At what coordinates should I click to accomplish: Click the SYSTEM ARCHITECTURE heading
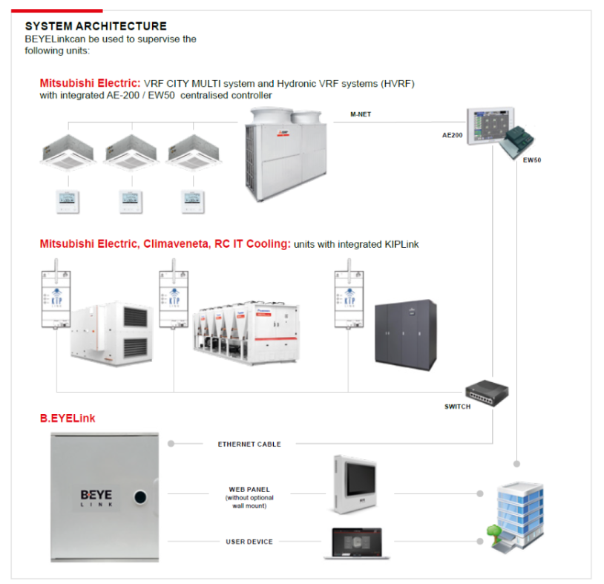pos(96,27)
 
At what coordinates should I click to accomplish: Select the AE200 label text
pos(452,137)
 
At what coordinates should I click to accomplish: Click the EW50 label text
pos(532,160)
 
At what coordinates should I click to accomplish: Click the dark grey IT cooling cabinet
pos(404,332)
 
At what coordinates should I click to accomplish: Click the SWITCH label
pos(457,407)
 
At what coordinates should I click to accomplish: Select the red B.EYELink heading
pos(68,419)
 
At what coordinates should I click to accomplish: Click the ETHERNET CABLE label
pos(249,444)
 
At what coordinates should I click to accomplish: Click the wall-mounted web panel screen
pos(353,483)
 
